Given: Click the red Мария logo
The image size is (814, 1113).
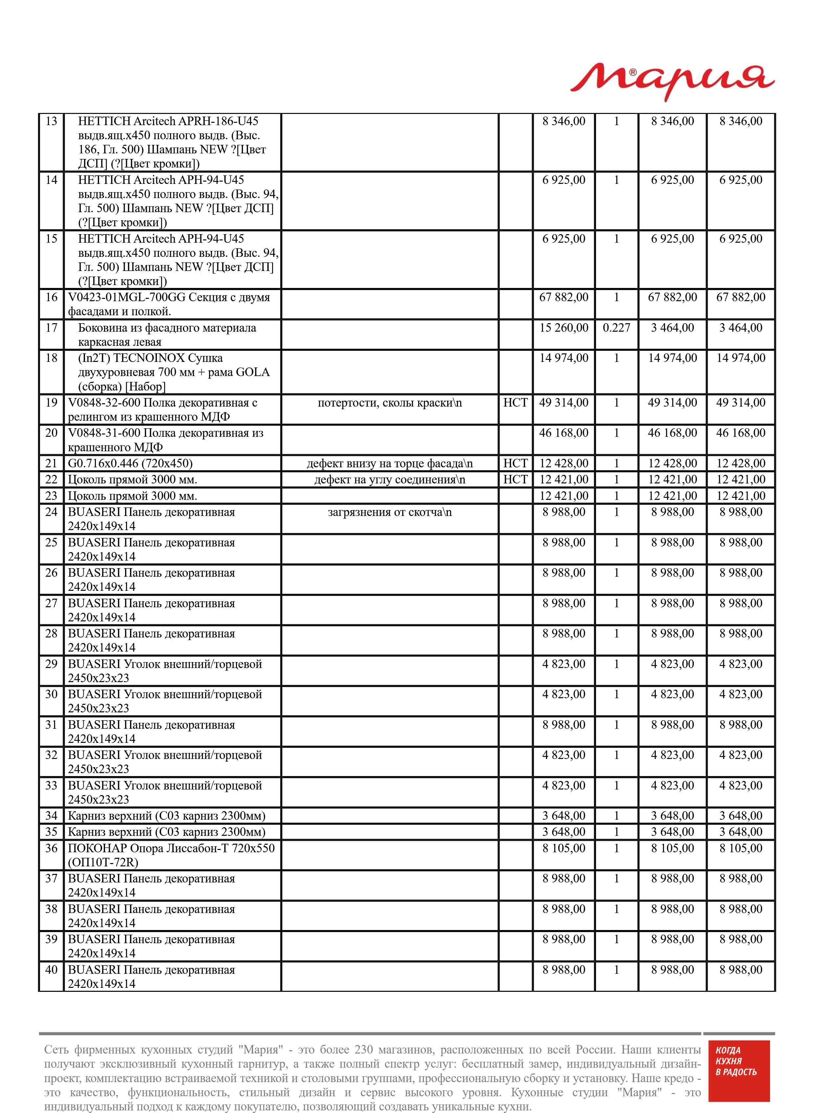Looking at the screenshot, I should coord(672,81).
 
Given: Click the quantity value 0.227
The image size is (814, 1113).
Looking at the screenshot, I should coord(616,328).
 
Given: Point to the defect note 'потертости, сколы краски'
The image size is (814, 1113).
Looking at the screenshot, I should coord(389,403).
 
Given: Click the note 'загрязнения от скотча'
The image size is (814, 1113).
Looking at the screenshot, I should coord(389,512).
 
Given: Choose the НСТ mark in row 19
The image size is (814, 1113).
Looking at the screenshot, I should coord(515,403).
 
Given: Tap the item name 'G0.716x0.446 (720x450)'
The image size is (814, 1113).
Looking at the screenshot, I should coord(130,463).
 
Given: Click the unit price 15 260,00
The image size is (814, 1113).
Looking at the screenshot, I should coord(564,328).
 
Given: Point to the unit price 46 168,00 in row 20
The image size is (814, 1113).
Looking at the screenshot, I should coord(564,433).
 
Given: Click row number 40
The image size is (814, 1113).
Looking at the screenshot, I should coord(51,969).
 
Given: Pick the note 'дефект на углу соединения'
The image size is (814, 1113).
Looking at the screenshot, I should coord(389,479).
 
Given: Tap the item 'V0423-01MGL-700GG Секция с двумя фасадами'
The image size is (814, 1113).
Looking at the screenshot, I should coord(168,304).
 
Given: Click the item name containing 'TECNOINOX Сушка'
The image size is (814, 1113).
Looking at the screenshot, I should coord(173,372).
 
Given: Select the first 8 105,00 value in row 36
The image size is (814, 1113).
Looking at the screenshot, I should coord(564,848).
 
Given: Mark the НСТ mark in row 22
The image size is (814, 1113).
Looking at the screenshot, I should coord(515,479).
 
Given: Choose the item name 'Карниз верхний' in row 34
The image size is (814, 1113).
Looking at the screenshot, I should coord(166,816).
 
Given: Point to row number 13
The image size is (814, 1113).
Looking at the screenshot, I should coord(51,121).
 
